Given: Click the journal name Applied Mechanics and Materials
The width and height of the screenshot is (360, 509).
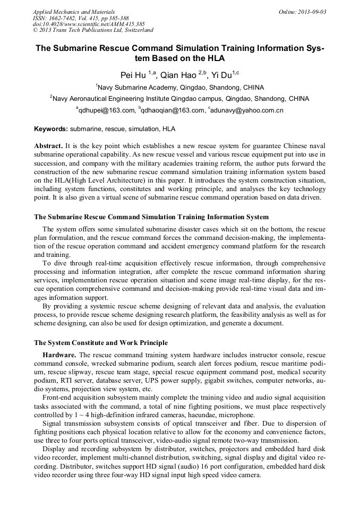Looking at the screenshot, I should (x=74, y=11).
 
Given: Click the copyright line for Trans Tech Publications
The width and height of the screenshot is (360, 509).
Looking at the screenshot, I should (x=93, y=30).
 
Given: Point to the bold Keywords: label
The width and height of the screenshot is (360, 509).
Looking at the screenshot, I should (x=51, y=129).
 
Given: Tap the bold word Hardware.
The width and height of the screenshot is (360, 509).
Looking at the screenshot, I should (x=59, y=355).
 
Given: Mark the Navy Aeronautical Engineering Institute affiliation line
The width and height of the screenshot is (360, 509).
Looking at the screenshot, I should (x=180, y=99).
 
